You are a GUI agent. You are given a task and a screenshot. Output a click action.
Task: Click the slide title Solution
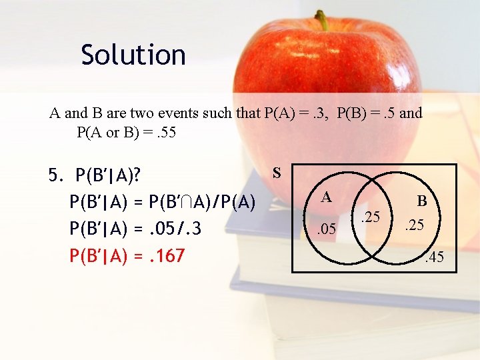pos(133,55)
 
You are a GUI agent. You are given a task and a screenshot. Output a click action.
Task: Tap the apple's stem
pos(323,20)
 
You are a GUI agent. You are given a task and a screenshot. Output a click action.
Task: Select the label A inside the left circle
pos(326,197)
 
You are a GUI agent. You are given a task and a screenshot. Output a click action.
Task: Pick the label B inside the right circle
pos(422,200)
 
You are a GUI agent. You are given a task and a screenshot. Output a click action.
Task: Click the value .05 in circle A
pos(326,231)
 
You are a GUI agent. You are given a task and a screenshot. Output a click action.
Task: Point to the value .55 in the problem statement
pos(164,132)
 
